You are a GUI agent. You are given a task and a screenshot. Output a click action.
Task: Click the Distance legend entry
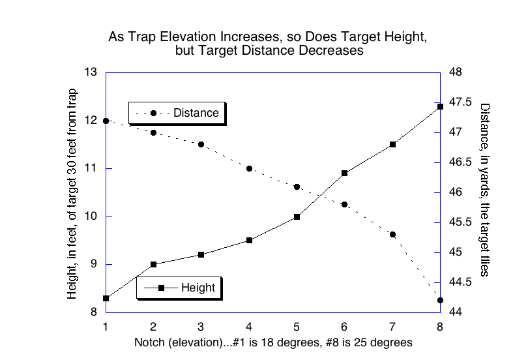click(177, 113)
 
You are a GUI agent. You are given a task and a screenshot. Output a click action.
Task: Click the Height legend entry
click(179, 288)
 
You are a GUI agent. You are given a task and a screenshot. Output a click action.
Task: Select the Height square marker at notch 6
click(344, 173)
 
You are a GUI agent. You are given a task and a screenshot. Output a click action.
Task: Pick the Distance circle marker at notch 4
click(249, 168)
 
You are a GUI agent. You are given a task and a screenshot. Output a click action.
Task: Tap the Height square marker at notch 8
click(440, 106)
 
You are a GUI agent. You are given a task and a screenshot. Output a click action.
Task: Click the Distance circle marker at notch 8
click(440, 300)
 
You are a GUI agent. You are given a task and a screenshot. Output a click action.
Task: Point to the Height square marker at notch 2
click(153, 264)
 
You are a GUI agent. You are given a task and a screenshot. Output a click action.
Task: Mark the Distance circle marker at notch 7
click(392, 234)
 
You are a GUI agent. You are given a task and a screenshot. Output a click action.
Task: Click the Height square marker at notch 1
click(106, 298)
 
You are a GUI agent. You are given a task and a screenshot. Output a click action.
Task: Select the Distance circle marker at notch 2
click(153, 132)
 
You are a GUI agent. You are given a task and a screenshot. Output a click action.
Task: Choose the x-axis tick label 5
click(297, 326)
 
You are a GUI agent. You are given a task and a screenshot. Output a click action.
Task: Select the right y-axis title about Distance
click(484, 189)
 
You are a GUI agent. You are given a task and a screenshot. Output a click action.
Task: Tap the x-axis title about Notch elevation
click(272, 342)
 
